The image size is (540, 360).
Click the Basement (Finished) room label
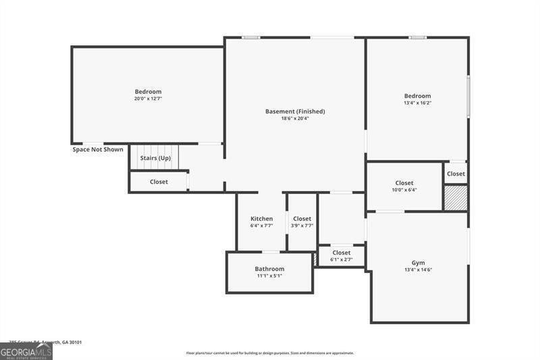pos(295,111)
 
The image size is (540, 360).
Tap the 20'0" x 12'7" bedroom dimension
pos(148,99)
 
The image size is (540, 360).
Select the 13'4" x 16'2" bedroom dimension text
pos(417,103)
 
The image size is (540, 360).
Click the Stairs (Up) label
pos(155,158)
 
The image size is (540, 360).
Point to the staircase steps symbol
pos(155,157)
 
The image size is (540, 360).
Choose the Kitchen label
pos(262,219)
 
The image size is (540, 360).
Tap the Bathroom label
pos(269,269)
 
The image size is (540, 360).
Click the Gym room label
pos(418,263)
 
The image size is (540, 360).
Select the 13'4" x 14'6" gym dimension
pos(418,270)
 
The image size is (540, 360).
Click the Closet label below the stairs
pos(159,182)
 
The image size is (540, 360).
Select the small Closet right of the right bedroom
pos(456,174)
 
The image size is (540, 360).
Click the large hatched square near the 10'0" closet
pos(455,197)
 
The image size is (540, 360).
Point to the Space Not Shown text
pos(98,149)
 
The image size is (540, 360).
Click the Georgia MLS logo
pos(26,351)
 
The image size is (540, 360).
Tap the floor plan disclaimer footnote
pos(270,353)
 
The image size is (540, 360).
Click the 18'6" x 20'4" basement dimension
pos(295,119)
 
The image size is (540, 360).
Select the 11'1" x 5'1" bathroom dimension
pos(269,276)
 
